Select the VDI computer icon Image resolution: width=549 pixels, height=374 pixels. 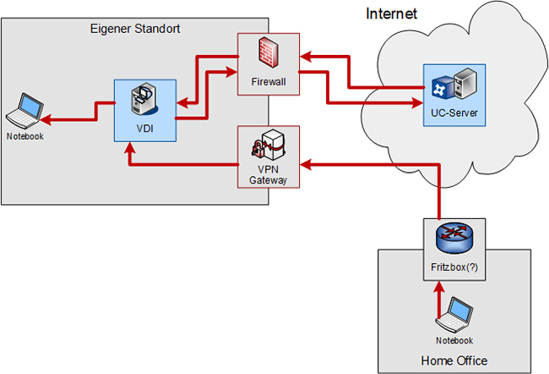pyautogui.click(x=144, y=100)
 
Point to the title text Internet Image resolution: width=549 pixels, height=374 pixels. pyautogui.click(x=392, y=14)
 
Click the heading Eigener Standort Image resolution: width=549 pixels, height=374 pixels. pyautogui.click(x=135, y=29)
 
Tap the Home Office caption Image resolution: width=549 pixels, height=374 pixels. pyautogui.click(x=454, y=360)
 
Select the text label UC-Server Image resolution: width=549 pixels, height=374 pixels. pyautogui.click(x=448, y=113)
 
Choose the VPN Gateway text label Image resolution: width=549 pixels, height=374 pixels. pyautogui.click(x=268, y=173)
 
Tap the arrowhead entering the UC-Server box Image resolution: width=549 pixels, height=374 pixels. pyautogui.click(x=415, y=103)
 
